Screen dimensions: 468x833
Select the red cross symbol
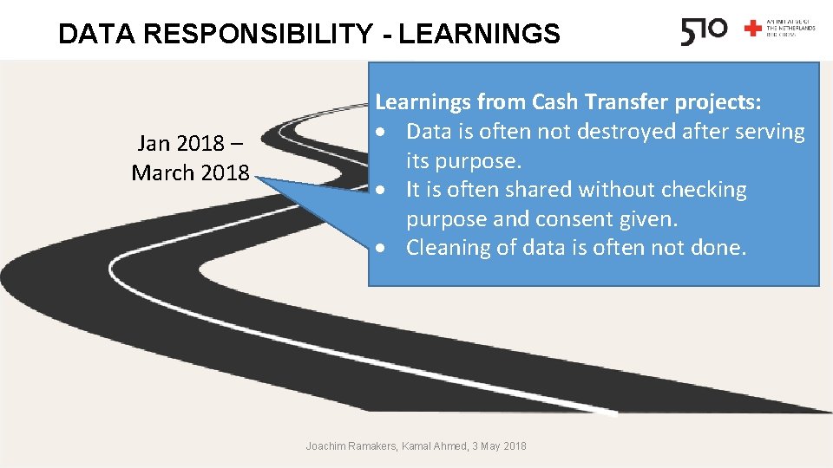point(752,29)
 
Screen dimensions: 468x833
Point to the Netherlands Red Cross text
point(791,29)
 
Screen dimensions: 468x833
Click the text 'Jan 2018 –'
point(189,143)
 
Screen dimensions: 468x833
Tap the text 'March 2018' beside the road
point(189,172)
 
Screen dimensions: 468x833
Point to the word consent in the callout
point(580,218)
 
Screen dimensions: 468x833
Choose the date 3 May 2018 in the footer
point(499,445)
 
